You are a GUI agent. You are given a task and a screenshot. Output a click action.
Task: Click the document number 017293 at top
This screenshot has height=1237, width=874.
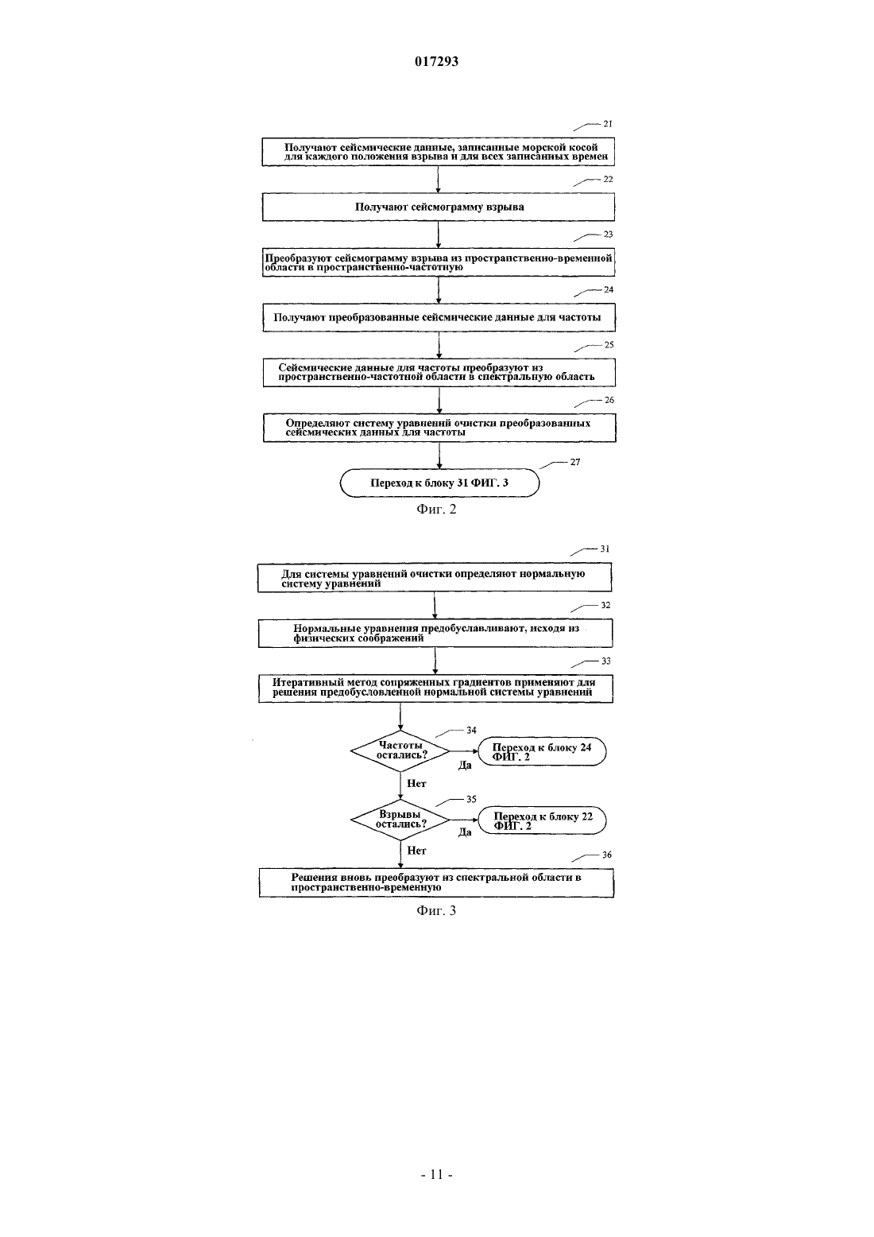(436, 61)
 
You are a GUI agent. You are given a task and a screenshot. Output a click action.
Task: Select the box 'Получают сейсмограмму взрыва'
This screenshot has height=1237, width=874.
(438, 207)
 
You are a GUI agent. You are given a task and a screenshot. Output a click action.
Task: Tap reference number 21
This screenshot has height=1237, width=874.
(608, 124)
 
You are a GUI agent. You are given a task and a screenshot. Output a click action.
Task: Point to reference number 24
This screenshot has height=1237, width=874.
(609, 289)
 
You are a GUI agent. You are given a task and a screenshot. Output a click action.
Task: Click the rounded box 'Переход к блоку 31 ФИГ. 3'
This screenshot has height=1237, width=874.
(439, 483)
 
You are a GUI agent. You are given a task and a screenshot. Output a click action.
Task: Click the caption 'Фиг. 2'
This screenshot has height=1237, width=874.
(436, 509)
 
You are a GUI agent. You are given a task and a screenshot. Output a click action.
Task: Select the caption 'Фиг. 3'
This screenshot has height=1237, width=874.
(436, 910)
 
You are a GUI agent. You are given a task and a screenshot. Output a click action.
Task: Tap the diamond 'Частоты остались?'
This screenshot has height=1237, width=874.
(400, 751)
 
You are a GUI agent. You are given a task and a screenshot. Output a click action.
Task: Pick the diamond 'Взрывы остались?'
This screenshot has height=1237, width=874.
(400, 820)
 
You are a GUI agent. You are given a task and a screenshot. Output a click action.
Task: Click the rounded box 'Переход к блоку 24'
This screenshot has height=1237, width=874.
(542, 751)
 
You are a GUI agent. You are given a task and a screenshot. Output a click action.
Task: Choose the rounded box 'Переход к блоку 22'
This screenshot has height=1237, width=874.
(542, 820)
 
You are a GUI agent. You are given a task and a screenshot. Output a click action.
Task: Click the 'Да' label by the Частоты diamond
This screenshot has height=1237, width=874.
(465, 766)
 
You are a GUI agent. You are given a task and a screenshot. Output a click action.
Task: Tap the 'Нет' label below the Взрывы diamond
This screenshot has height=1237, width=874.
(416, 851)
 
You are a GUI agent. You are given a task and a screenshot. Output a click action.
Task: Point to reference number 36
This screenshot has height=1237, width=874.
(606, 855)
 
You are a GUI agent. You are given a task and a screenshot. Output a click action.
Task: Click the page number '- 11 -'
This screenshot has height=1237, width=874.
(436, 1175)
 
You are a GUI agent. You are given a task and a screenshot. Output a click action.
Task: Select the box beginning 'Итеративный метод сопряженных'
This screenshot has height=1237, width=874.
(436, 688)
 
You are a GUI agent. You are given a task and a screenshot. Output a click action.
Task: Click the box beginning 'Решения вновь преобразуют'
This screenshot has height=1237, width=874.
(436, 882)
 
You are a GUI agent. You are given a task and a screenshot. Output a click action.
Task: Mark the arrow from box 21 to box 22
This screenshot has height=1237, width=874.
(438, 180)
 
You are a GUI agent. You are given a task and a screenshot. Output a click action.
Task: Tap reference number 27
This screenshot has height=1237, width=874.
(575, 462)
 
